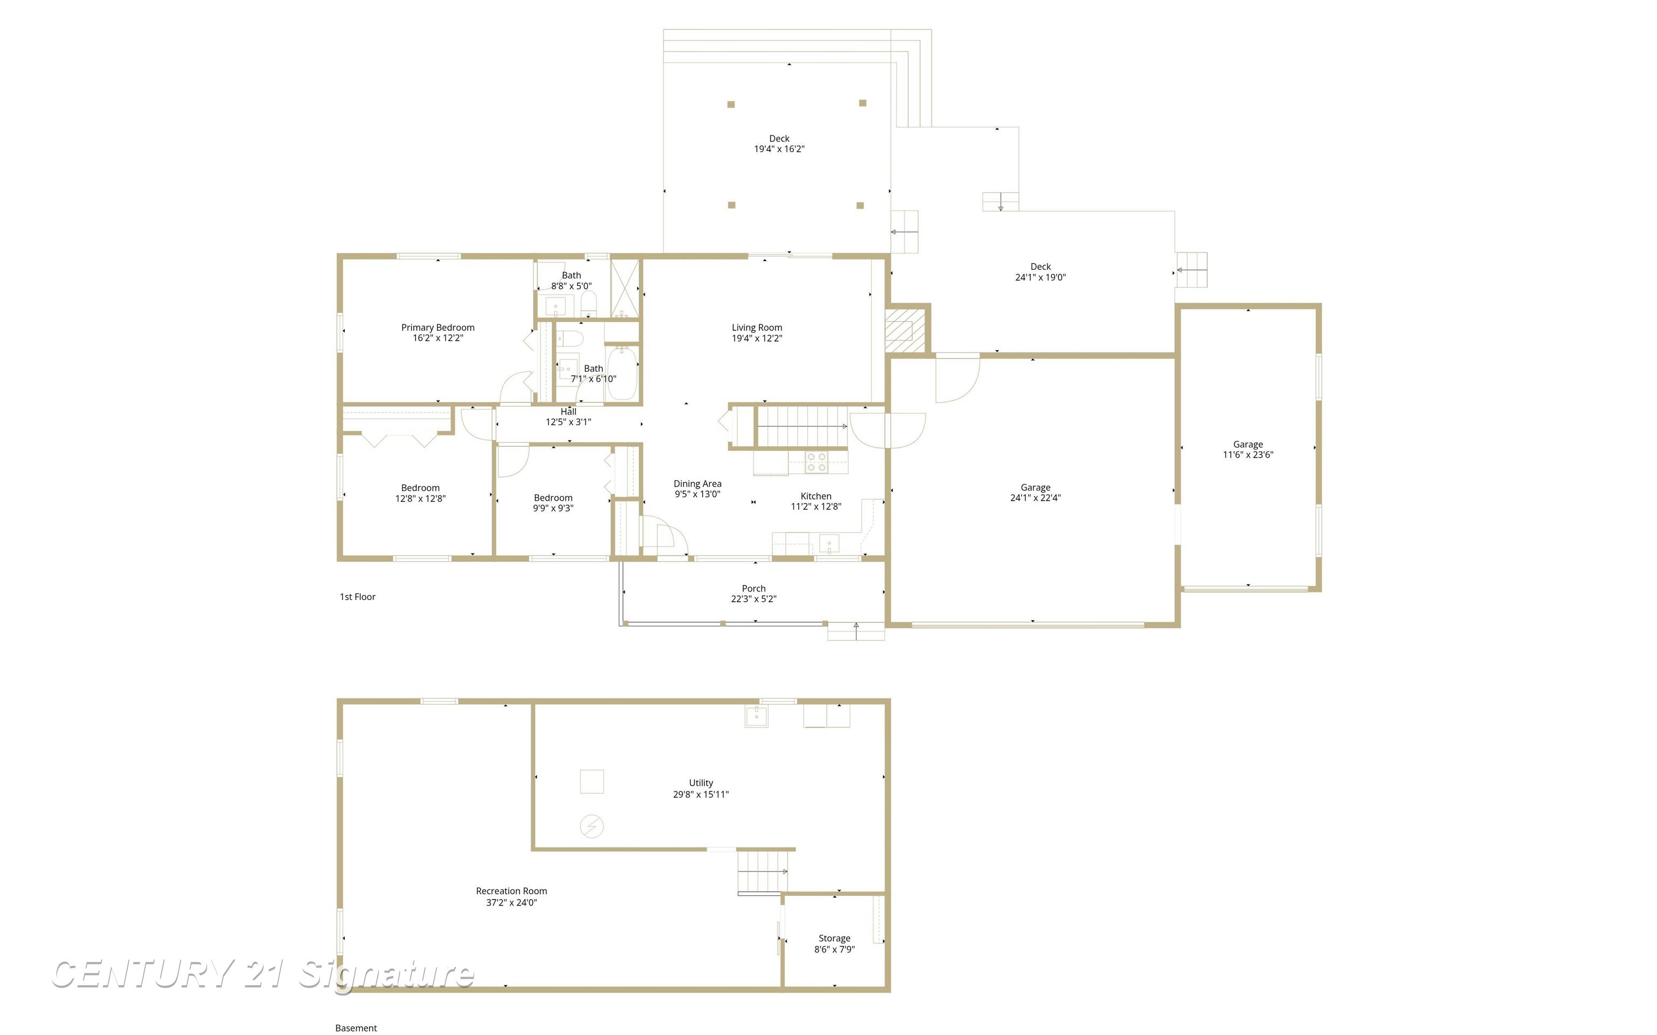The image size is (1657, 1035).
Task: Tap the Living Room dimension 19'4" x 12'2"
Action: click(757, 338)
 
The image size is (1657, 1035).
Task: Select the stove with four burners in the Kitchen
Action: click(816, 462)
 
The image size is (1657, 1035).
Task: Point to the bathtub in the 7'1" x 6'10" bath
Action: click(622, 374)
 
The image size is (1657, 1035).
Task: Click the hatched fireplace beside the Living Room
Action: click(899, 331)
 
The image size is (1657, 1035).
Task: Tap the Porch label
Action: click(753, 588)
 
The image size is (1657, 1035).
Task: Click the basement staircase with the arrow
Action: click(762, 871)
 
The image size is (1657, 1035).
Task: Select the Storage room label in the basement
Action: click(834, 938)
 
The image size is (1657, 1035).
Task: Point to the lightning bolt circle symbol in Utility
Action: click(592, 827)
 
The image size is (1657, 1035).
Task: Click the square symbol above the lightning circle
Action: click(592, 781)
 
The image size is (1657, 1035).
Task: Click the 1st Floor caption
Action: click(357, 597)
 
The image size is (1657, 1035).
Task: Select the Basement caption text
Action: click(356, 1027)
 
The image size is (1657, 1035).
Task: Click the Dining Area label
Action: click(697, 484)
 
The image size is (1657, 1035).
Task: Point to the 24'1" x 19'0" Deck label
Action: click(1040, 272)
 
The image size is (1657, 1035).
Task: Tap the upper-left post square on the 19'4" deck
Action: click(731, 105)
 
